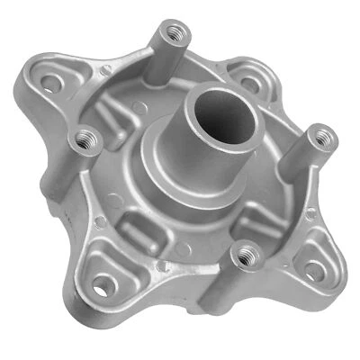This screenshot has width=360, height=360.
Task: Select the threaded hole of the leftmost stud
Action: tap(87, 137)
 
